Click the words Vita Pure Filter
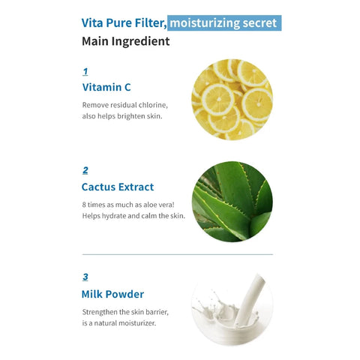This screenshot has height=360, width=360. [124, 22]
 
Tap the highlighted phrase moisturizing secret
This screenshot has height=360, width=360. [224, 22]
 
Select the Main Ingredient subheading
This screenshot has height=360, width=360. [125, 41]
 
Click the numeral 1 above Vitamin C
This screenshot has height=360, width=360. [85, 72]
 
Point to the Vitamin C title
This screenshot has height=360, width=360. [106, 87]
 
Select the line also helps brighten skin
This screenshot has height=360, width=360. [122, 116]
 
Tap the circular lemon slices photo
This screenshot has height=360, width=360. [232, 99]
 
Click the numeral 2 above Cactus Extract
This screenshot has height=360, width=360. [85, 170]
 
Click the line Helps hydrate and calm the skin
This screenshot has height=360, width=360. [133, 216]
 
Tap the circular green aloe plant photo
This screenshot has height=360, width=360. [232, 200]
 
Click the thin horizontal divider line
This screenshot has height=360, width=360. [177, 254]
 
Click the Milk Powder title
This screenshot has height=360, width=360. [112, 294]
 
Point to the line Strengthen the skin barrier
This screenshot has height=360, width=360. [126, 311]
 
